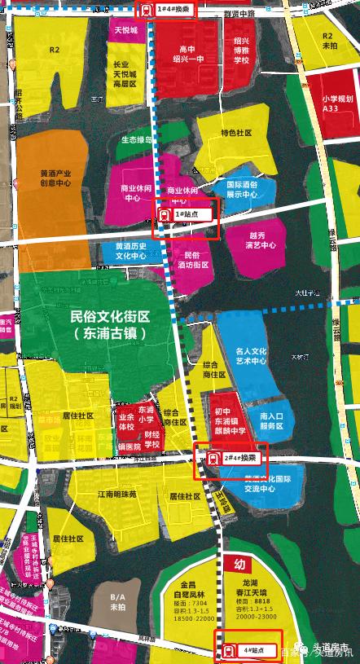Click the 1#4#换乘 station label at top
tap(173, 10)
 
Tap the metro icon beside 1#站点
tap(165, 214)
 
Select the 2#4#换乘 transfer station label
tap(237, 458)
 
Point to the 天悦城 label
tap(125, 30)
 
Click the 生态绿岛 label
tap(137, 139)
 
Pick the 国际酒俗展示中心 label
tap(241, 190)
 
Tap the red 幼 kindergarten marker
tap(239, 565)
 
